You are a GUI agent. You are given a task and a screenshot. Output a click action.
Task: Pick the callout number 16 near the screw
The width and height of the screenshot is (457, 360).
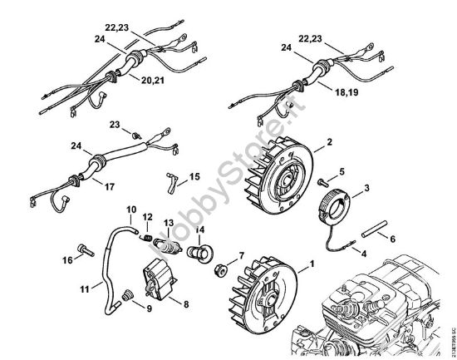pos(66,260)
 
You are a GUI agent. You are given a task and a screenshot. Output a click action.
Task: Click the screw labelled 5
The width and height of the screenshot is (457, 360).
pos(320,180)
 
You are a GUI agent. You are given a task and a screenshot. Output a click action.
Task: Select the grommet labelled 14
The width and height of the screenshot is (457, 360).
pos(199,251)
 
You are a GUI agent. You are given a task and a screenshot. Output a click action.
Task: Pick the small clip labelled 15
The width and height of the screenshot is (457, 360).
pos(172,180)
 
